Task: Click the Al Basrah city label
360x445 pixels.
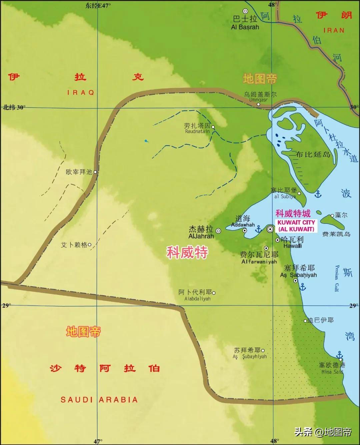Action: point(245,27)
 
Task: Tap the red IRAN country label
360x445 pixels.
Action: point(333,30)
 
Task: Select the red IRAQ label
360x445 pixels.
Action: point(81,93)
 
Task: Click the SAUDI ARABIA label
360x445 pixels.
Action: point(99,400)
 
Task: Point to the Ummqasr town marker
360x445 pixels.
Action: point(258,104)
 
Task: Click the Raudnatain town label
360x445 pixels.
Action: point(198,131)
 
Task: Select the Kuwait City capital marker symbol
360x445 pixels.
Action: point(270,229)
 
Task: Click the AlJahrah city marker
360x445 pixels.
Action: point(218,231)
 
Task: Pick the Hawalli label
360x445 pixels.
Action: point(293,246)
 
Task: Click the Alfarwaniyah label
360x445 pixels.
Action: point(259,262)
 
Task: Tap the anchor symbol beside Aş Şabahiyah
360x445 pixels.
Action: point(303,287)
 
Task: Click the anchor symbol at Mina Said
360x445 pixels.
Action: point(339,355)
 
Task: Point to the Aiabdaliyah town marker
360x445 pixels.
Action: point(214,293)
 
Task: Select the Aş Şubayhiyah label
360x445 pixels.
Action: point(250,357)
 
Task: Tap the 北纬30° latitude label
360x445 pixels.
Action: point(14,107)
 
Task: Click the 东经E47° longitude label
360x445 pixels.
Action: point(98,5)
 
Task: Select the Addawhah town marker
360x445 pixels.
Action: point(244,230)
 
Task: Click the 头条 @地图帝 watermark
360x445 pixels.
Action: point(323,432)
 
